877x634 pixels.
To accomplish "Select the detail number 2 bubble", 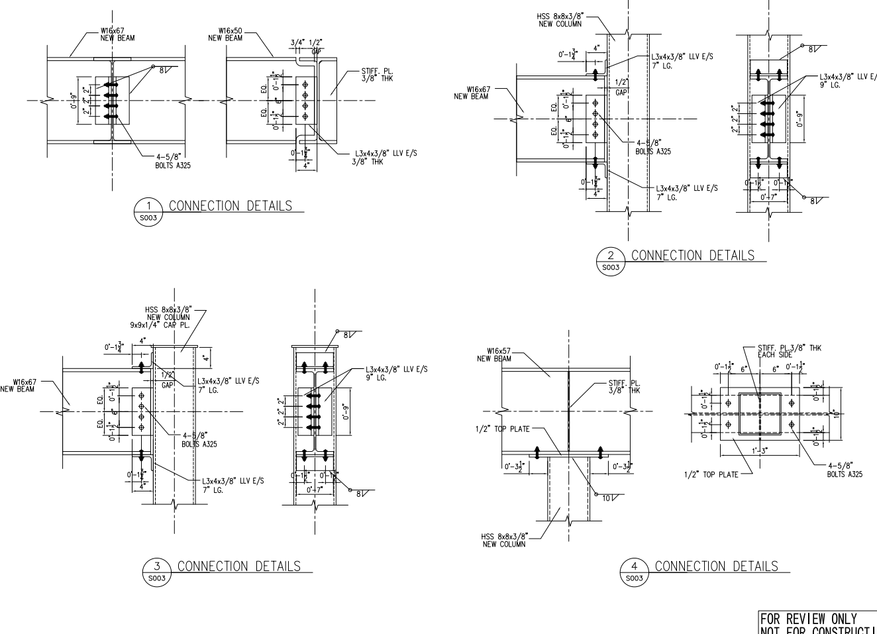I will [x=611, y=259].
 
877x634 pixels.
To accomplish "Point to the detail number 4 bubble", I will [x=634, y=570].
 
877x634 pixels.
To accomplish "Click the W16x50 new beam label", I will [x=225, y=34].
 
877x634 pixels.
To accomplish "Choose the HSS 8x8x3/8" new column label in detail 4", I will [x=504, y=541].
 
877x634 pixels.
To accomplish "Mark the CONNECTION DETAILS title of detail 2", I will [x=692, y=255].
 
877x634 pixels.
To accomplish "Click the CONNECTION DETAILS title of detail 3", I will [x=239, y=566].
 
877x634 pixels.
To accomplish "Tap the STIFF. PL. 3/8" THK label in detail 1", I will [x=378, y=76].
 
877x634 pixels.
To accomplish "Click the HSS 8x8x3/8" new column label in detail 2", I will [x=560, y=20].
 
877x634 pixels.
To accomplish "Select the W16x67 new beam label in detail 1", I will [x=117, y=34].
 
